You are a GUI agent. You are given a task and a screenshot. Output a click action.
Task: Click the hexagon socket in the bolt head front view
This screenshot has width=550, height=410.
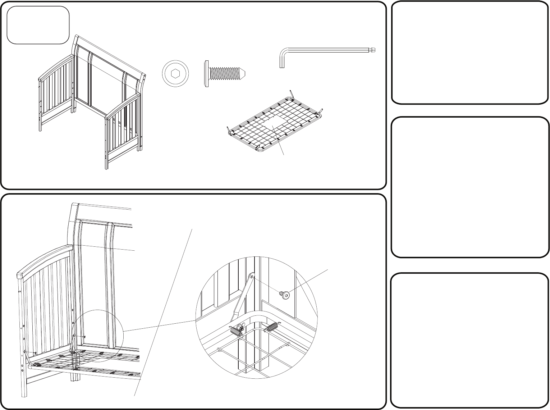click(175, 74)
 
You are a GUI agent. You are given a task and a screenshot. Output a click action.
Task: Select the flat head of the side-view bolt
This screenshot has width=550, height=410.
click(206, 74)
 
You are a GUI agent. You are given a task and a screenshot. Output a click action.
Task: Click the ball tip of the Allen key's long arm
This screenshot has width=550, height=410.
click(374, 50)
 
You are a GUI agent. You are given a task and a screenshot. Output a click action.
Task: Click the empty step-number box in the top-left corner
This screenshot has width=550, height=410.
click(38, 24)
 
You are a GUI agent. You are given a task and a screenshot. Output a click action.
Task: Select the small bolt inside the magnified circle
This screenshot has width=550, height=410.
click(285, 295)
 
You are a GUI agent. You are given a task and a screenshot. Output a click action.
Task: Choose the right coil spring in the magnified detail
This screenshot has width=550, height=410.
click(271, 327)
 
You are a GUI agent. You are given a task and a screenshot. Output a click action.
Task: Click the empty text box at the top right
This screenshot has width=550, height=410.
click(469, 53)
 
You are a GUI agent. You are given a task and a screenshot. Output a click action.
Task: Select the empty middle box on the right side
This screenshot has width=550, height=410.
click(469, 187)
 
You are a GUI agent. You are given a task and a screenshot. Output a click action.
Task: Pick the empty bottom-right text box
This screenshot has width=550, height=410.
click(469, 340)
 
